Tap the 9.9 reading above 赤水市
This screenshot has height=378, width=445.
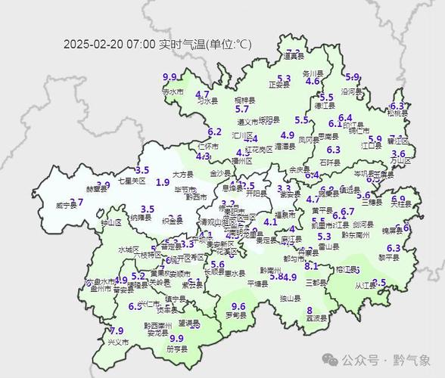click(x=170, y=77)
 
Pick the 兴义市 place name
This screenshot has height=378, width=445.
click(x=118, y=342)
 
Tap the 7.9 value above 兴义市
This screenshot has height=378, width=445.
click(x=117, y=331)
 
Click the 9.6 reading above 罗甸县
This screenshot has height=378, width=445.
click(x=238, y=306)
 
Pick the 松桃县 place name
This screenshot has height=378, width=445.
click(x=398, y=114)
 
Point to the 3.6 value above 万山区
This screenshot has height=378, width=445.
click(x=398, y=153)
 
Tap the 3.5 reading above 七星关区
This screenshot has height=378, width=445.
click(x=142, y=171)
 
